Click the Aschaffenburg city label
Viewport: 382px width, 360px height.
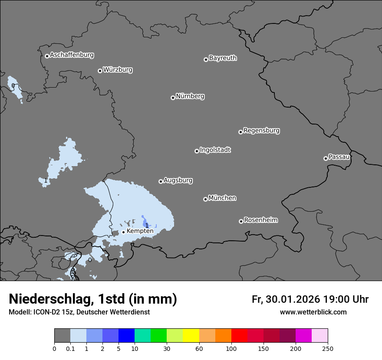pyautogui.click(x=72, y=55)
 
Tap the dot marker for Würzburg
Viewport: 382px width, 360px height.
pyautogui.click(x=100, y=71)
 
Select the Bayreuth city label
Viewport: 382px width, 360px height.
pyautogui.click(x=223, y=58)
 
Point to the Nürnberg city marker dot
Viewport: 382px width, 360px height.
pyautogui.click(x=173, y=98)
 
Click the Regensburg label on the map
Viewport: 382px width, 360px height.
pyautogui.click(x=261, y=131)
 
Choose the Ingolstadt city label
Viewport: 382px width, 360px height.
pyautogui.click(x=215, y=150)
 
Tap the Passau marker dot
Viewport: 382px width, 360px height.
pyautogui.click(x=326, y=158)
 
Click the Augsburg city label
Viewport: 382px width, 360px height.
pyautogui.click(x=178, y=180)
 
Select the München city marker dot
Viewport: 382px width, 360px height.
pyautogui.click(x=205, y=199)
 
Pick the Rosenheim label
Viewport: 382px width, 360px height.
pyautogui.click(x=260, y=220)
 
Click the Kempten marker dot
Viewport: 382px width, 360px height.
pyautogui.click(x=123, y=232)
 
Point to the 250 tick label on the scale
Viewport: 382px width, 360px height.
pyautogui.click(x=328, y=349)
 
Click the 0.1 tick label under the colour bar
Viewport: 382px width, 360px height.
pyautogui.click(x=70, y=349)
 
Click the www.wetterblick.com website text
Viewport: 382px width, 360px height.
pyautogui.click(x=313, y=312)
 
